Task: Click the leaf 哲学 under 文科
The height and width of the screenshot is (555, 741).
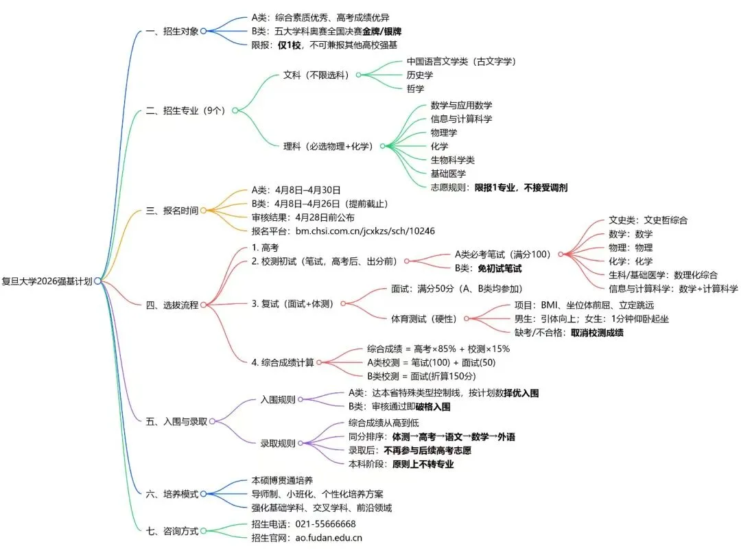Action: click(415, 88)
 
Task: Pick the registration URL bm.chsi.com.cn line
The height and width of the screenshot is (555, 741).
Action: click(343, 231)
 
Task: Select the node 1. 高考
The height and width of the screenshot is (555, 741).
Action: click(265, 247)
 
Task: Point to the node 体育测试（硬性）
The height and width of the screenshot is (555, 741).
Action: click(424, 318)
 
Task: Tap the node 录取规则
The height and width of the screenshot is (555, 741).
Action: click(278, 443)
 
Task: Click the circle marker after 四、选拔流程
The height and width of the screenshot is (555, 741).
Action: click(203, 305)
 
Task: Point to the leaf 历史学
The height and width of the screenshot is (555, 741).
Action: click(420, 75)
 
